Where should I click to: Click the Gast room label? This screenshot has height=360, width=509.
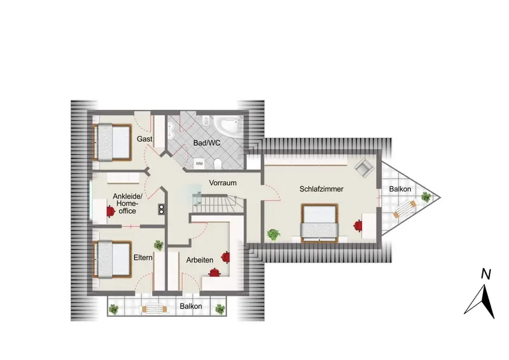(x=144, y=139)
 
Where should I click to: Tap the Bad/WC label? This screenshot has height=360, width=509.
(x=207, y=143)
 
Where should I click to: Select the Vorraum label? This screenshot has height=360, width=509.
(x=223, y=183)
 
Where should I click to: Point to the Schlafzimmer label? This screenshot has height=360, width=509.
(x=321, y=189)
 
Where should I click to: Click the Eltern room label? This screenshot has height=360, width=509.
(x=143, y=258)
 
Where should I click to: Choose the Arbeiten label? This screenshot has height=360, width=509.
(x=200, y=260)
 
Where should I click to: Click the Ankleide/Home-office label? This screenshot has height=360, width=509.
(x=127, y=204)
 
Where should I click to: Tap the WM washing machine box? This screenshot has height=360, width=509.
(x=199, y=163)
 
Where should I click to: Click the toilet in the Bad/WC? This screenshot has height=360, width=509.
(x=218, y=164)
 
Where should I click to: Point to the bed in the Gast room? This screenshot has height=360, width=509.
(x=113, y=142)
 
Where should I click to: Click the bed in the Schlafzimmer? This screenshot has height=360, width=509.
(x=320, y=223)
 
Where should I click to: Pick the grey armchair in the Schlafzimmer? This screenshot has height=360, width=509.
(x=364, y=167)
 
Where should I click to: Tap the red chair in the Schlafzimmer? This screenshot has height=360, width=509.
(x=358, y=225)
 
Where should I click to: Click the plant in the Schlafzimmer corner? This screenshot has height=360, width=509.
(x=274, y=234)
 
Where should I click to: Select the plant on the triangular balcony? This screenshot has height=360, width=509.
(x=426, y=197)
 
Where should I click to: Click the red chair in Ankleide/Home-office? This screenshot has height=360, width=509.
(x=111, y=212)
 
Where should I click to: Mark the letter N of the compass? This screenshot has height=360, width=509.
(x=485, y=275)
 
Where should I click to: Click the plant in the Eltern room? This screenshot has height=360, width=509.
(x=158, y=245)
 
